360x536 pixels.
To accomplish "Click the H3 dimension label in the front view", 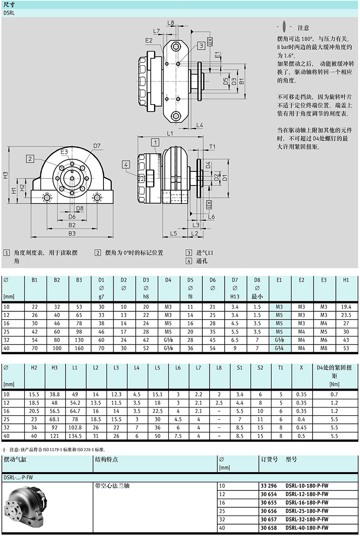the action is click(x=5, y=175).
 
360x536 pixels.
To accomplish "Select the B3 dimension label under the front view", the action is click(x=72, y=233).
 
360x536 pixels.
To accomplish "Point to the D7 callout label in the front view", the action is click(x=97, y=146).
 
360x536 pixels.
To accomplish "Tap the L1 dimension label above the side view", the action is click(x=170, y=133).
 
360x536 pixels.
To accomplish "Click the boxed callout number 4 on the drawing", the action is click(x=126, y=165).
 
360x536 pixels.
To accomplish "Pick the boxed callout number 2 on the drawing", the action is click(x=30, y=159).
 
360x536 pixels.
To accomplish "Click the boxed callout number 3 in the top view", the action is click(x=201, y=46).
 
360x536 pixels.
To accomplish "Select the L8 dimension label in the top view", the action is click(x=170, y=23).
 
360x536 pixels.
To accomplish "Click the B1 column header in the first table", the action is click(x=35, y=280).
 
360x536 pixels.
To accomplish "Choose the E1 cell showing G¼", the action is click(x=279, y=348).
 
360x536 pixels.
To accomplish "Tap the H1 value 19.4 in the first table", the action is click(x=346, y=307).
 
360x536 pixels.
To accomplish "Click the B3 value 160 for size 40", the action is click(x=79, y=348).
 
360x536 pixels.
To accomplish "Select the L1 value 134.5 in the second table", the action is click(x=75, y=436).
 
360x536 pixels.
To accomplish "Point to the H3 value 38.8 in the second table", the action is click(x=54, y=395).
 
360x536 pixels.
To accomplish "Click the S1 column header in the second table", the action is click(x=239, y=368).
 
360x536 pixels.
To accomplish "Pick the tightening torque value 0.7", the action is click(x=334, y=395).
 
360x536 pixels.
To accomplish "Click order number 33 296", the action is click(x=269, y=486).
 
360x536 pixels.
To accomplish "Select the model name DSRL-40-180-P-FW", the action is click(x=307, y=528).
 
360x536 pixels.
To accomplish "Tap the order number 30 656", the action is click(x=269, y=511).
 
